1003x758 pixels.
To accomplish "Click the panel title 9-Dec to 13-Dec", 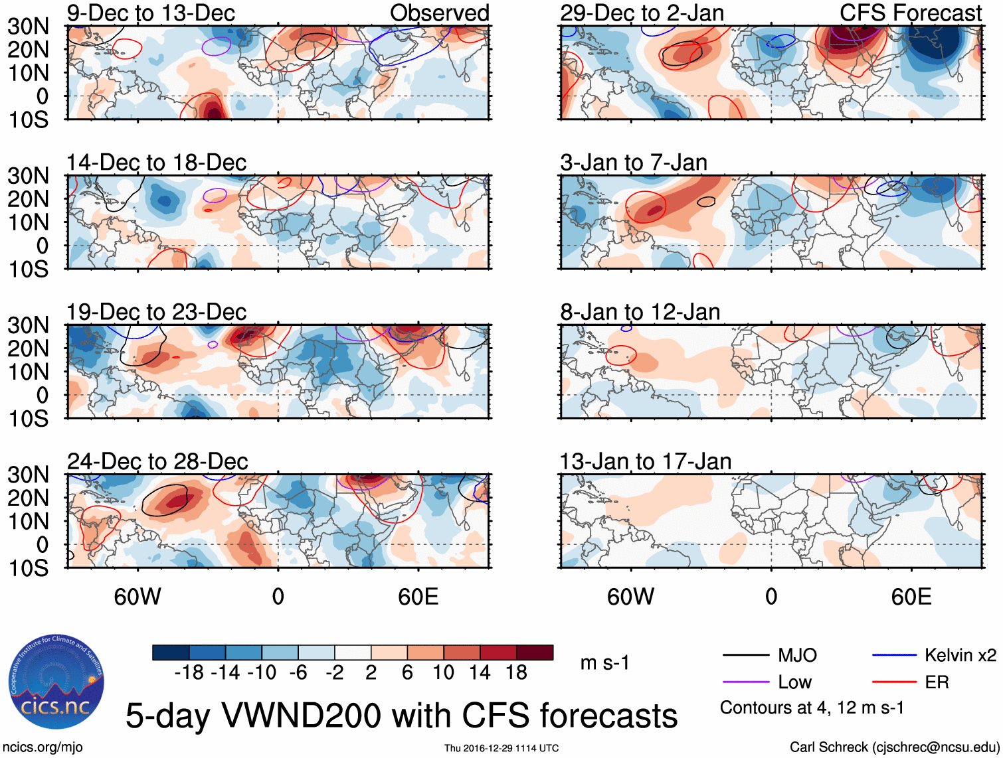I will (x=151, y=13).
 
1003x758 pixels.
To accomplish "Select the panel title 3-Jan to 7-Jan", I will (x=634, y=163).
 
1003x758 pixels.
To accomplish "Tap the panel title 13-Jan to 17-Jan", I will (x=645, y=461).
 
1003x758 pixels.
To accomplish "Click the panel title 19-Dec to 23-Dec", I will (x=156, y=312).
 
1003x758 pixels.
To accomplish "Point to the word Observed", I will (x=439, y=13).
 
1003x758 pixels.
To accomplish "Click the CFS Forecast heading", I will (x=910, y=13).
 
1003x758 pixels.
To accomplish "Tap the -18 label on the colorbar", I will (x=189, y=672).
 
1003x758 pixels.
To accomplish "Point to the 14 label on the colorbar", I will (x=479, y=672).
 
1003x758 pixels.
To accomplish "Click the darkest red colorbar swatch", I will (x=535, y=652).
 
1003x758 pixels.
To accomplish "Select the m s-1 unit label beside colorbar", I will (x=604, y=662).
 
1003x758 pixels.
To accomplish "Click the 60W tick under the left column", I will (x=137, y=597).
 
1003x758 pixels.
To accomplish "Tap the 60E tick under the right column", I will (x=911, y=597).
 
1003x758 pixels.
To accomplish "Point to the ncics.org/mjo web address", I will (x=43, y=747).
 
